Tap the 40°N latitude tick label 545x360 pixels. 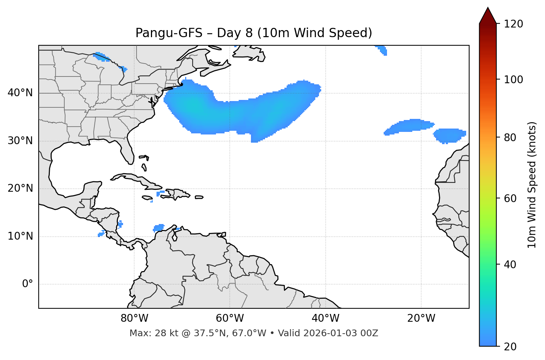tap(20, 93)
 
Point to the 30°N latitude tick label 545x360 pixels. tap(20, 141)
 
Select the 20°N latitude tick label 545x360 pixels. tap(20, 188)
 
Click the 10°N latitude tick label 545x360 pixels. tap(20, 236)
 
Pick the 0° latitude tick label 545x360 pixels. tap(28, 284)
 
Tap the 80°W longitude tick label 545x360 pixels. tap(134, 318)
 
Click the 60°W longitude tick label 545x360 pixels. tap(230, 318)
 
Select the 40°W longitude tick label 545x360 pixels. tap(325, 318)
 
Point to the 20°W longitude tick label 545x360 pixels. tap(421, 318)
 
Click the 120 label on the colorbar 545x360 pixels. tap(513, 24)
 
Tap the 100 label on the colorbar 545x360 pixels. tap(513, 80)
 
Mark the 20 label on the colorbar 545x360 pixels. tap(510, 347)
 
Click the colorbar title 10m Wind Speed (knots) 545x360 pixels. tap(532, 185)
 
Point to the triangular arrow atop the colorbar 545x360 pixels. tap(488, 16)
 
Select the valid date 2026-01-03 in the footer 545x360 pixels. tap(328, 333)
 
